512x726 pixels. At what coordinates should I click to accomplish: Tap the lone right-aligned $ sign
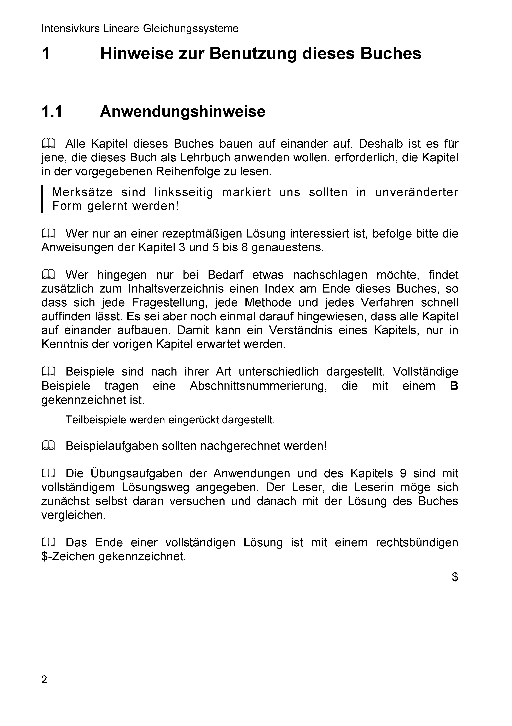point(455,577)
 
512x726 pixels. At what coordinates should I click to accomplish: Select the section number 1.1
point(52,112)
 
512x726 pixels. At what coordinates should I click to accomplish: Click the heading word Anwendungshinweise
point(183,112)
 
